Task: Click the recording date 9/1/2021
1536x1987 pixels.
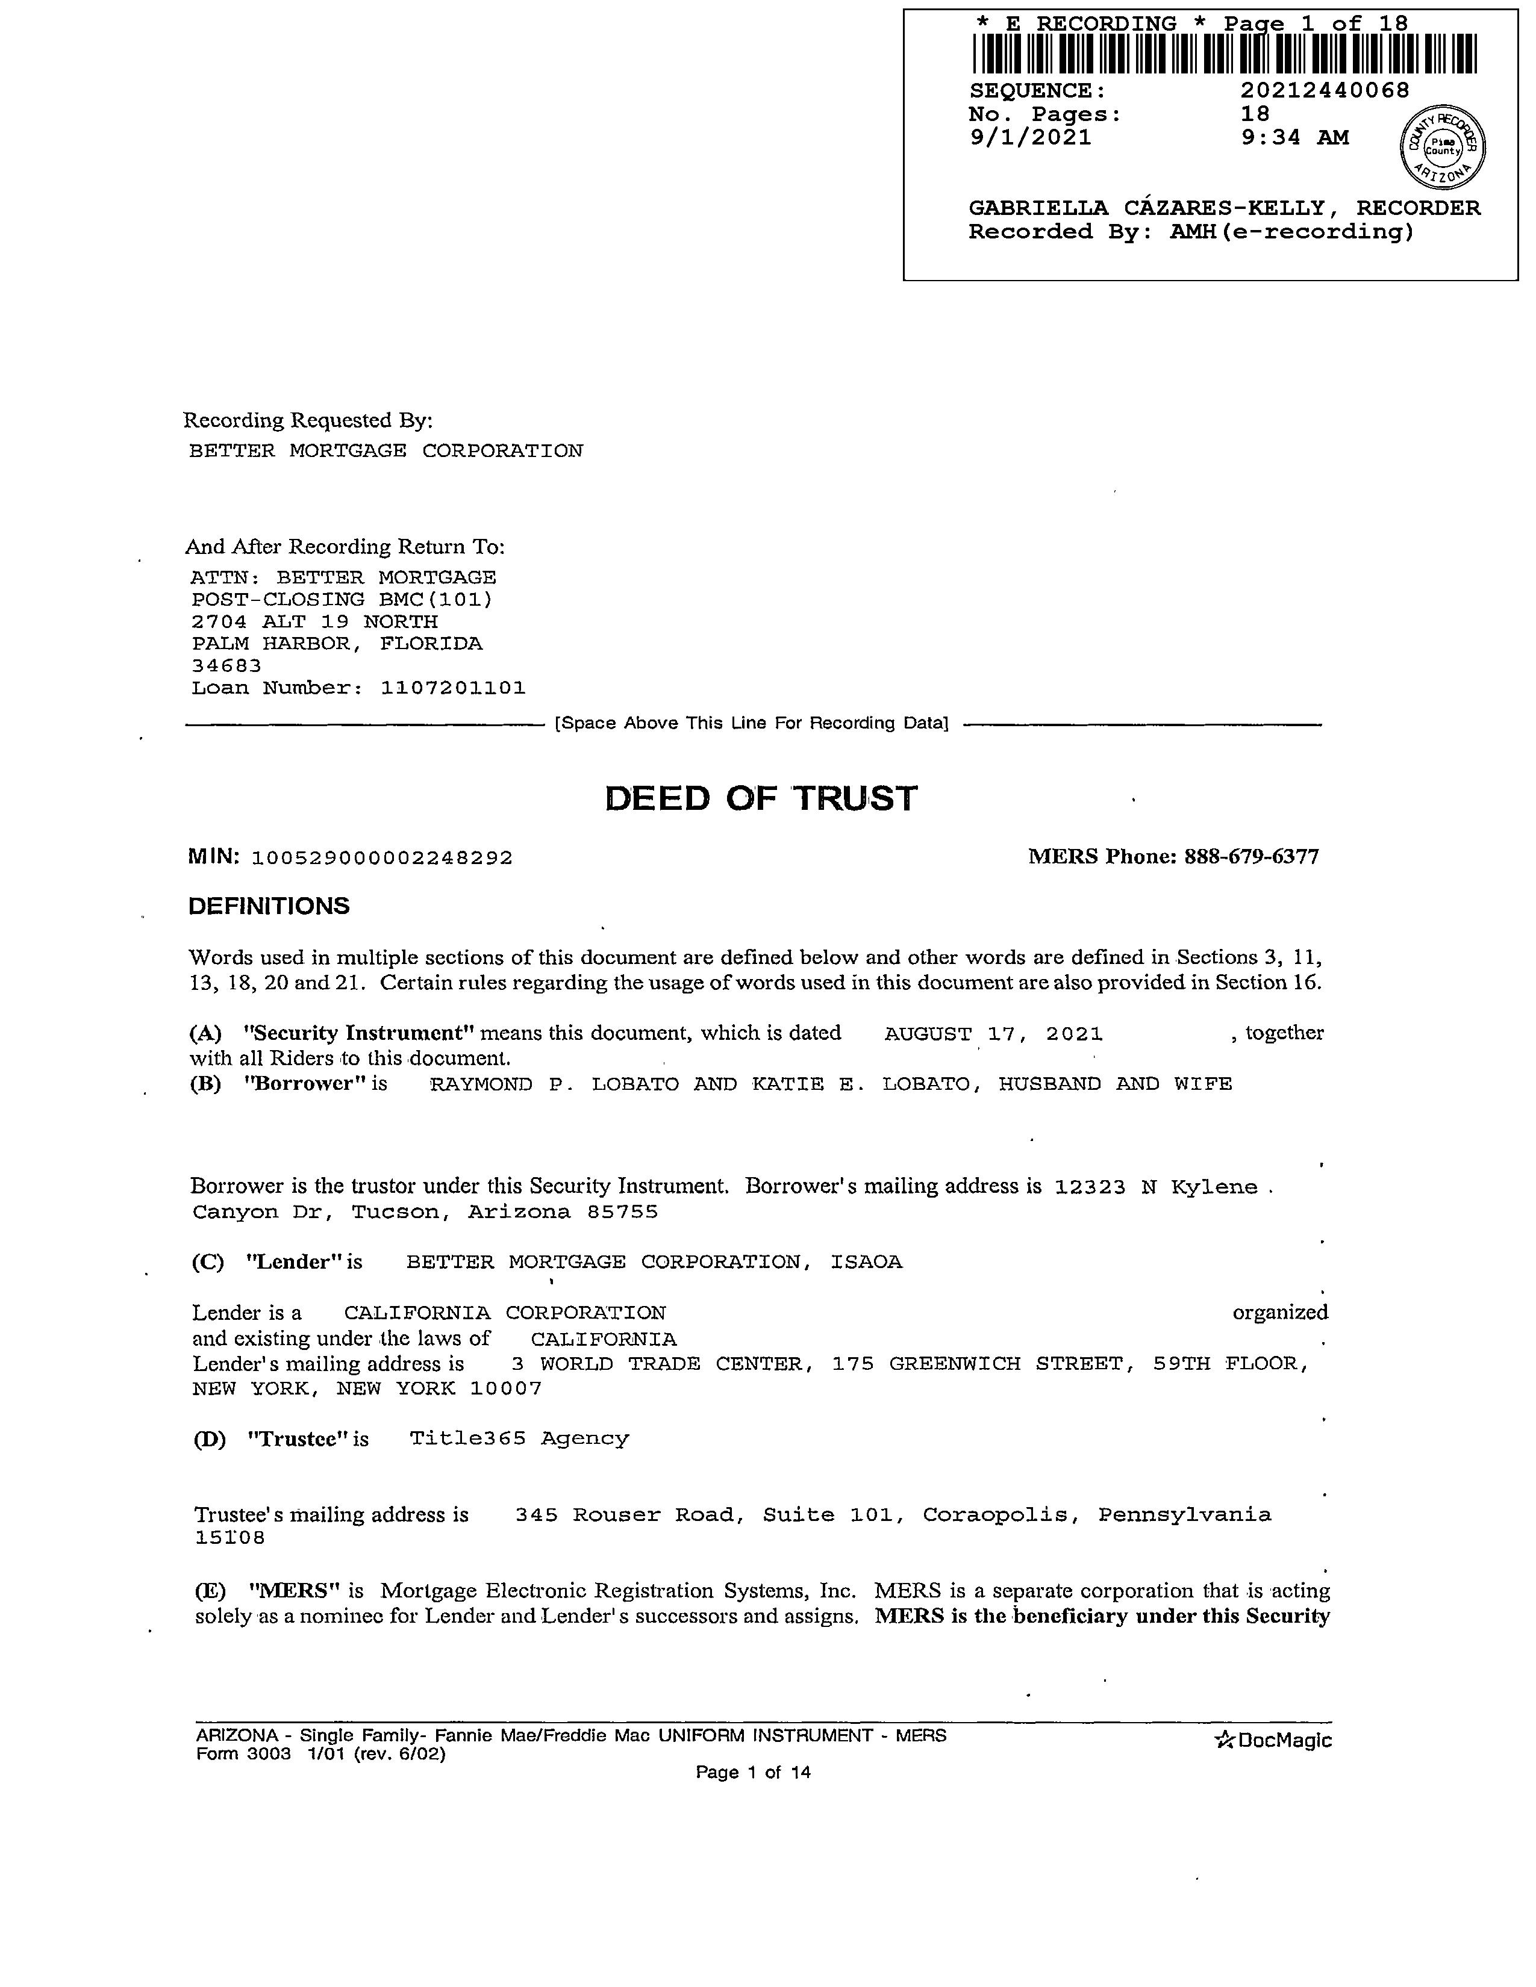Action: pyautogui.click(x=1030, y=137)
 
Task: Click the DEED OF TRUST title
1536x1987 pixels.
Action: pyautogui.click(x=761, y=799)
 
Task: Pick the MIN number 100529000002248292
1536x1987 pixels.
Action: pyautogui.click(x=381, y=858)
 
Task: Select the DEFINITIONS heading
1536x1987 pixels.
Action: pyautogui.click(x=269, y=906)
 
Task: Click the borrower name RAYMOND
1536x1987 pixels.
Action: pyautogui.click(x=481, y=1084)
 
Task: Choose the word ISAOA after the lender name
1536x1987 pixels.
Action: pyautogui.click(x=866, y=1263)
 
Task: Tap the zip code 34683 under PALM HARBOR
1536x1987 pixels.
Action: pyautogui.click(x=226, y=666)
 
